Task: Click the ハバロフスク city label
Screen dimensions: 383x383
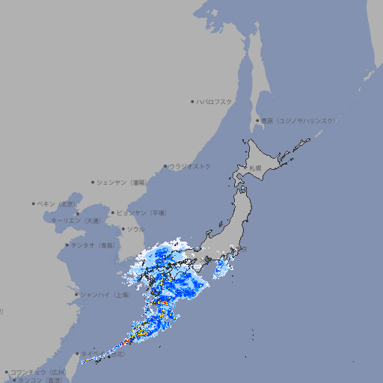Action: [215, 101]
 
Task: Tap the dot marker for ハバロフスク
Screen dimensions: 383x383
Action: [193, 101]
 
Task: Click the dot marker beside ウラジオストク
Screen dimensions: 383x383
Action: [165, 167]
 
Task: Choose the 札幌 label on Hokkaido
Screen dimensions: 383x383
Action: [256, 168]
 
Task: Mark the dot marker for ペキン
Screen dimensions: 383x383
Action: [34, 203]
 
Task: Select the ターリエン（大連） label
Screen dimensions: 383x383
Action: [76, 221]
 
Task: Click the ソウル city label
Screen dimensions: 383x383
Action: [135, 229]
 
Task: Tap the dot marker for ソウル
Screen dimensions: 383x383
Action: [122, 229]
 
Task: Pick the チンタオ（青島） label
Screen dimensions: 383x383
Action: [94, 245]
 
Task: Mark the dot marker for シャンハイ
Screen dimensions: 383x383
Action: [76, 295]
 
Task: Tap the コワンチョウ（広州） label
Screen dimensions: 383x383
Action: [38, 372]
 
